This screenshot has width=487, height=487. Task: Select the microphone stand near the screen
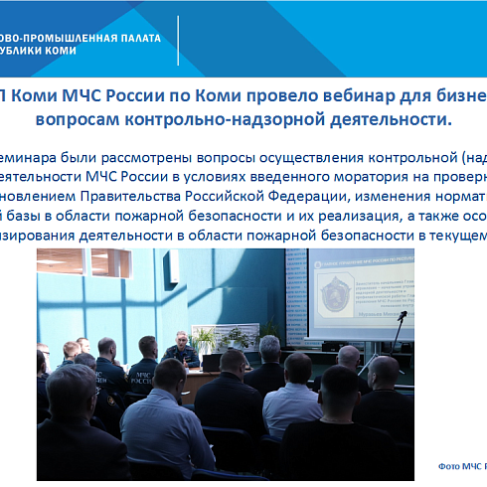point(297,343)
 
